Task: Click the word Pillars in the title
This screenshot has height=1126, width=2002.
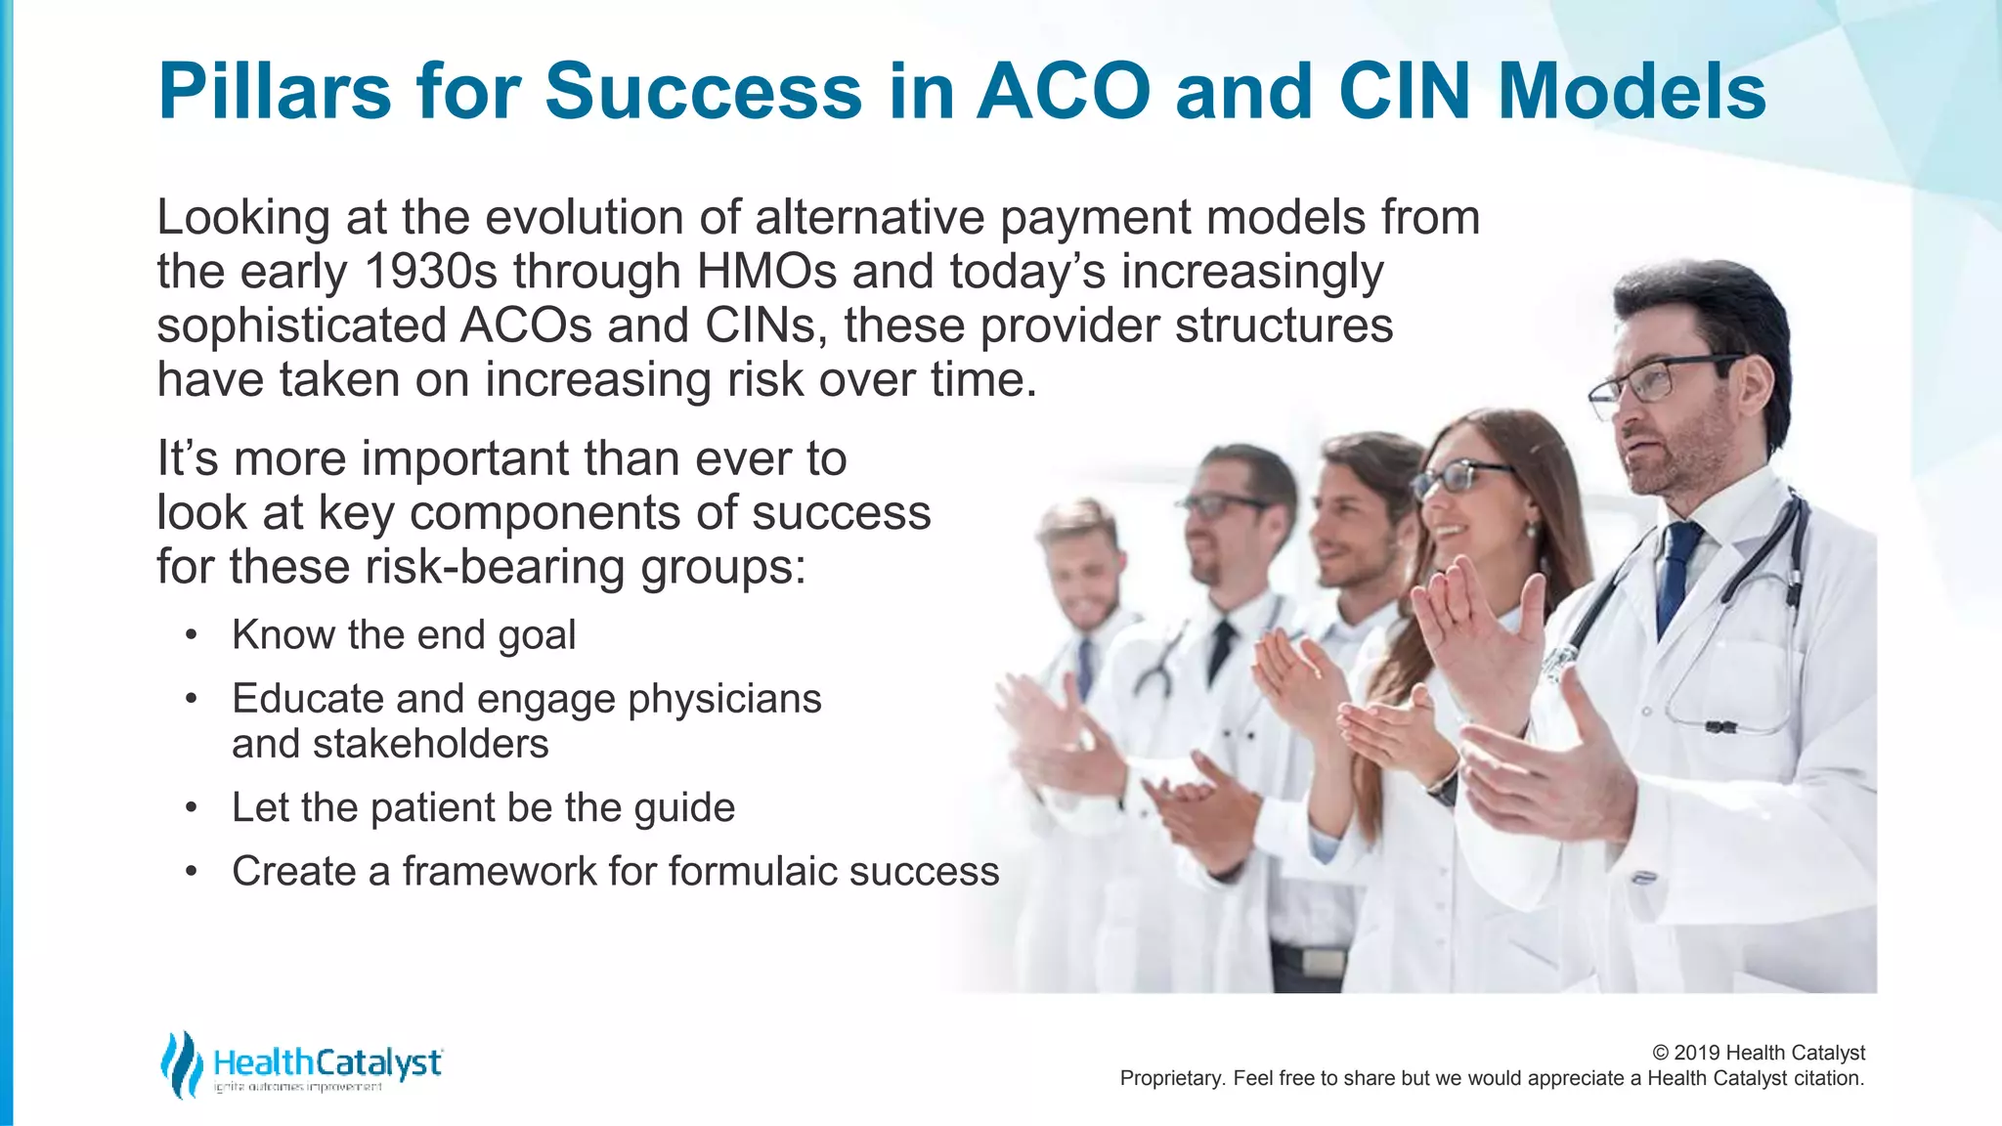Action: click(275, 91)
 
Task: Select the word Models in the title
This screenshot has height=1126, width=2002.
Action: click(1632, 91)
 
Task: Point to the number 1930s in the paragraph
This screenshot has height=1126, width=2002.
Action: click(430, 272)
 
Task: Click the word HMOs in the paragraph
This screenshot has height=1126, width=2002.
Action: click(766, 272)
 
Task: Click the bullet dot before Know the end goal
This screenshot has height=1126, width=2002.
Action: click(192, 636)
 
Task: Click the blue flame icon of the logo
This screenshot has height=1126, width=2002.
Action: click(180, 1064)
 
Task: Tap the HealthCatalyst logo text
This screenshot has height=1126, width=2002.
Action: click(327, 1061)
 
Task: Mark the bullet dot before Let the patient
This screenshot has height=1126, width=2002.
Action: click(192, 809)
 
